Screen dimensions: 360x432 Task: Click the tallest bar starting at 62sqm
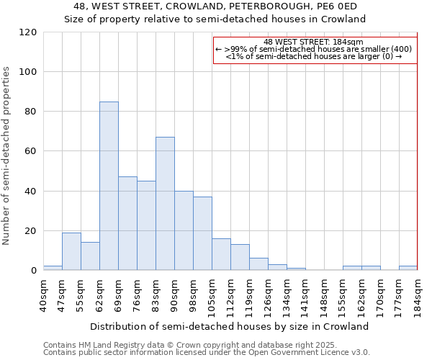point(109,186)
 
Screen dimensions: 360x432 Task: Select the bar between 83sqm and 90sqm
point(165,204)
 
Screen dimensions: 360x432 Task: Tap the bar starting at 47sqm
point(71,251)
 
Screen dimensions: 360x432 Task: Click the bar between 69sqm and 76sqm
point(127,223)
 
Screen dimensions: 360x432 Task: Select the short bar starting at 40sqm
point(53,268)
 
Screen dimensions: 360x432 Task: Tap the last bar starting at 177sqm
point(408,268)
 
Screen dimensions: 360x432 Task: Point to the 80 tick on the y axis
point(30,112)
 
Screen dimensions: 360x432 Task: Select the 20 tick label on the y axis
point(30,231)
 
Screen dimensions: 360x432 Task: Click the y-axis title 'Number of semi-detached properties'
point(7,156)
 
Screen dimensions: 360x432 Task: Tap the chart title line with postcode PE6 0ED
point(215,6)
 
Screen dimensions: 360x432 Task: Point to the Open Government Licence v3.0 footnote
point(207,352)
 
